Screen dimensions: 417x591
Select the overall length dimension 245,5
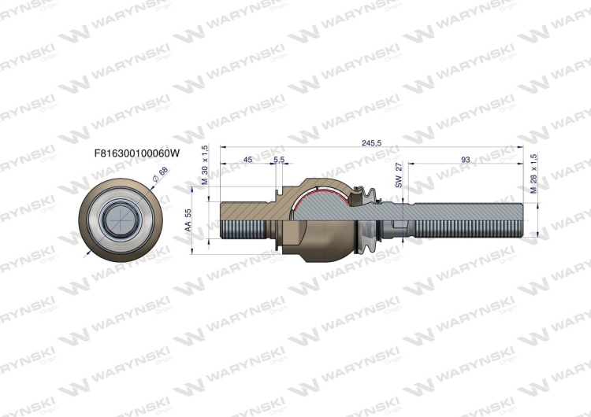pyautogui.click(x=371, y=142)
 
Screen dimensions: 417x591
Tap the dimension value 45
pyautogui.click(x=247, y=160)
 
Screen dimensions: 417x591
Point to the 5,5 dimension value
pyautogui.click(x=279, y=160)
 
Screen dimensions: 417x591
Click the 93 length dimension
pyautogui.click(x=465, y=160)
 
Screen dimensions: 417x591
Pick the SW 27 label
pyautogui.click(x=399, y=175)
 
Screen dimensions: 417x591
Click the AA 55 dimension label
pyautogui.click(x=188, y=220)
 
